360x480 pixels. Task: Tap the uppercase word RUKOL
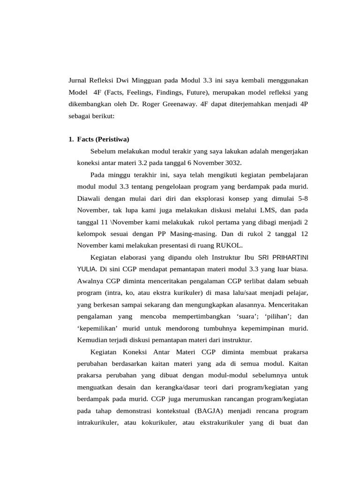click(x=230, y=245)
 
